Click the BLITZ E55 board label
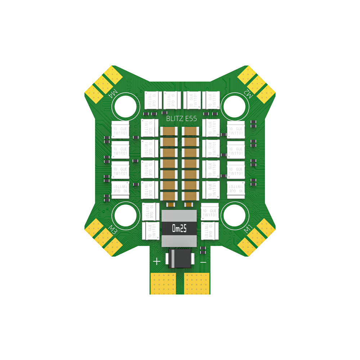181,118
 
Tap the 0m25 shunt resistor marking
179,228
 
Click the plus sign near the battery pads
157,261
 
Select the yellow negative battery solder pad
197,283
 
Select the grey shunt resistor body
179,228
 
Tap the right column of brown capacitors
190,164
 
